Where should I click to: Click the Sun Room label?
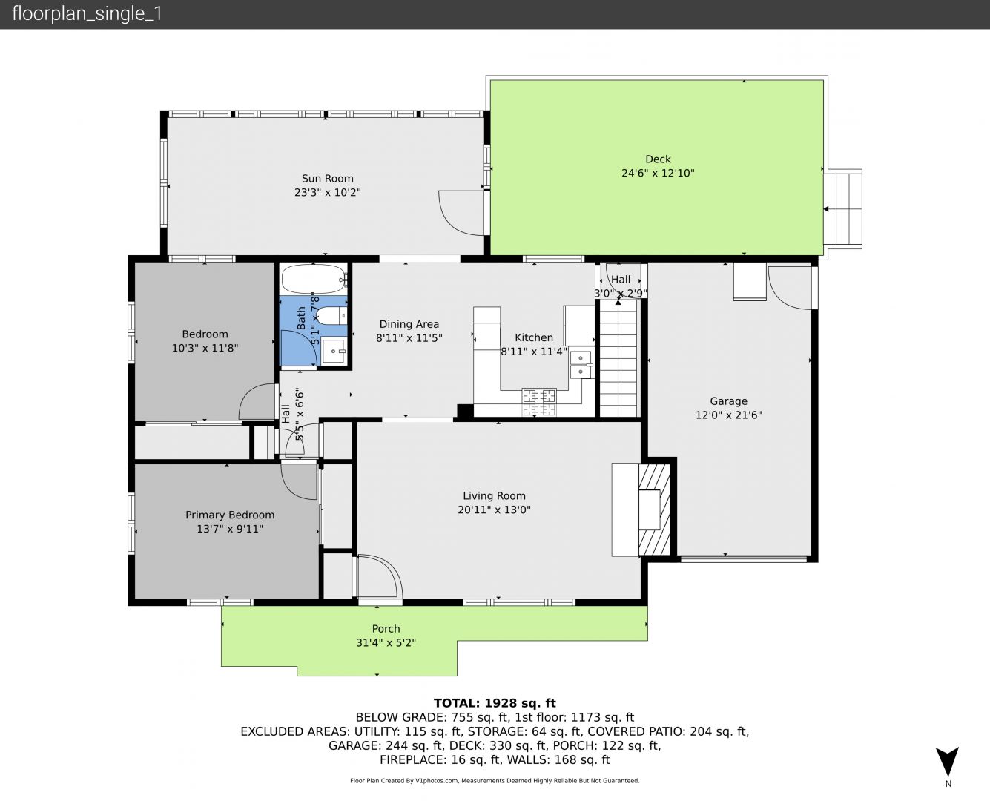(x=327, y=179)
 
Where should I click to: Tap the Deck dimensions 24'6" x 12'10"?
(x=658, y=173)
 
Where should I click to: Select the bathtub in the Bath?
(x=314, y=279)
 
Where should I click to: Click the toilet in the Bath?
(x=333, y=316)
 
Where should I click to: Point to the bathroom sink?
(x=334, y=351)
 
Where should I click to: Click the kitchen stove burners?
(x=539, y=401)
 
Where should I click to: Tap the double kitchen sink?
(x=581, y=364)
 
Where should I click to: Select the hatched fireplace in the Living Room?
(x=654, y=510)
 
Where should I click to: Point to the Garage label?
(x=728, y=401)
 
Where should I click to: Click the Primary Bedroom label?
(x=230, y=515)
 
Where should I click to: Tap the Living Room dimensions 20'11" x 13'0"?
(x=494, y=510)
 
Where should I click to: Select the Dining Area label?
(x=409, y=325)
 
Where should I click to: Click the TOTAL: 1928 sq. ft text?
(x=495, y=703)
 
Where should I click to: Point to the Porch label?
(x=386, y=629)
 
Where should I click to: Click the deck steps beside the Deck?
(x=843, y=209)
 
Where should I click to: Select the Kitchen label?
(x=534, y=337)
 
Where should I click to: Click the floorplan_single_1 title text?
(x=87, y=14)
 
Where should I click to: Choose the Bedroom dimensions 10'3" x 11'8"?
(x=205, y=348)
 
